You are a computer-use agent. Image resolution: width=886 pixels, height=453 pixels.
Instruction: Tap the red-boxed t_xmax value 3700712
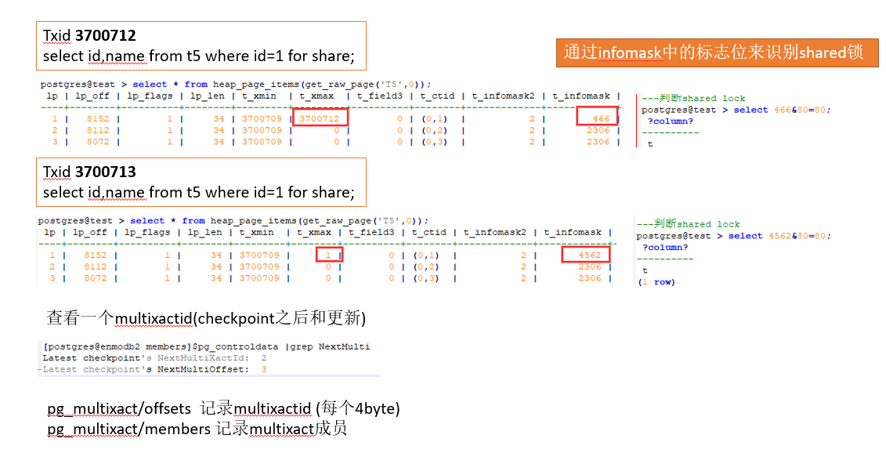point(320,118)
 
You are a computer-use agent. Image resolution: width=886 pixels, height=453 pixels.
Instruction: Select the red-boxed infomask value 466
point(598,118)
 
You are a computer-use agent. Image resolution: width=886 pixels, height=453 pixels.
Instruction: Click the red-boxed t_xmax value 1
point(328,255)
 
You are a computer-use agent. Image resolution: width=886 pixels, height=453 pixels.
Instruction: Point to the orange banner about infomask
point(717,53)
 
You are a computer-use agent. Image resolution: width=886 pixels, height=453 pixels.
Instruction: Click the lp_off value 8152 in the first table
point(98,118)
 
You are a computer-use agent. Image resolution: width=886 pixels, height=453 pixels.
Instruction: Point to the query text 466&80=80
point(792,110)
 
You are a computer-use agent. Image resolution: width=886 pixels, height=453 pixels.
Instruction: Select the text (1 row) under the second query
point(656,282)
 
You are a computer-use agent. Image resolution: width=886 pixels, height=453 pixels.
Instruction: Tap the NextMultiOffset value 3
point(264,369)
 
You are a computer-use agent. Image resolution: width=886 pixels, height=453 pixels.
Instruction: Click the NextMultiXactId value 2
point(263,357)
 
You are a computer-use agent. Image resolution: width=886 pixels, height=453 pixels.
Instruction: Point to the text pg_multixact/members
point(128,428)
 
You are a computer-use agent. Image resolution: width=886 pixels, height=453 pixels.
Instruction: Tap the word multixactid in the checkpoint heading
point(154,318)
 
